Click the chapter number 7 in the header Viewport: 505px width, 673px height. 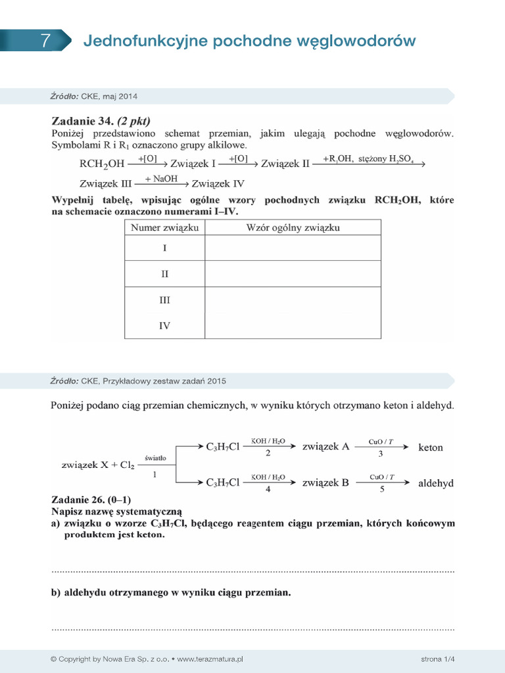click(45, 41)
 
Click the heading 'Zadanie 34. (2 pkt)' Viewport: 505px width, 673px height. click(101, 121)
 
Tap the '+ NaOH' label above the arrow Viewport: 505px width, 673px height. click(161, 178)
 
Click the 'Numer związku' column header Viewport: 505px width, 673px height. click(164, 227)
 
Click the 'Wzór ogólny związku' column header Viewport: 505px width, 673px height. click(293, 227)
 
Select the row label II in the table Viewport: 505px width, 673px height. click(164, 274)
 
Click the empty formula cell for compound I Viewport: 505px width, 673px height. click(293, 248)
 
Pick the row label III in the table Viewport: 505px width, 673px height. click(164, 300)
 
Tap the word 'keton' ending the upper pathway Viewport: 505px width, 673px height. click(431, 448)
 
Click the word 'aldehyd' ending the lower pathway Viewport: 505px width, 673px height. click(436, 483)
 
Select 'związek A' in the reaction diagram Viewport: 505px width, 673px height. click(325, 447)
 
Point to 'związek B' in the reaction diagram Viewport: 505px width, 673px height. click(325, 482)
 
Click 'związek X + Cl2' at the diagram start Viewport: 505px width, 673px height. click(97, 465)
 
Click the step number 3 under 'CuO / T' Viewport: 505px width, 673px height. click(381, 453)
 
